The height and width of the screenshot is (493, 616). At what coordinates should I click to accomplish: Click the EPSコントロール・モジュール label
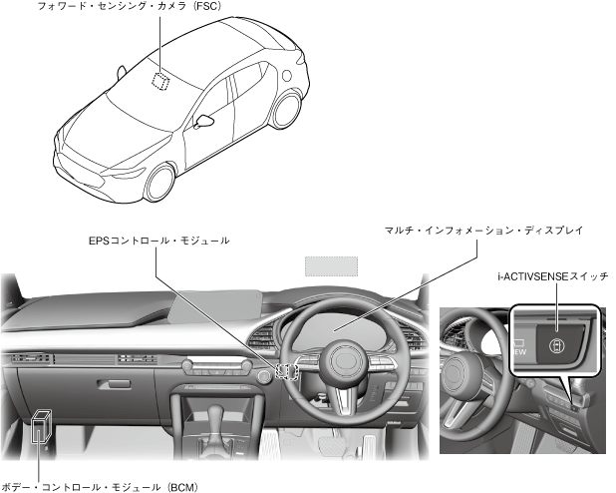[x=158, y=241]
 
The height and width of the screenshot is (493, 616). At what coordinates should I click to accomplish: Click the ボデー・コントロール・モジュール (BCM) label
[x=100, y=486]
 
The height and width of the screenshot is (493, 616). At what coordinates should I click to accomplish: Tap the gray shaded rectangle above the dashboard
[x=330, y=265]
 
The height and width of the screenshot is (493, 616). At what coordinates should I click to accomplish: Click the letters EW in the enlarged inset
[x=519, y=352]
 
